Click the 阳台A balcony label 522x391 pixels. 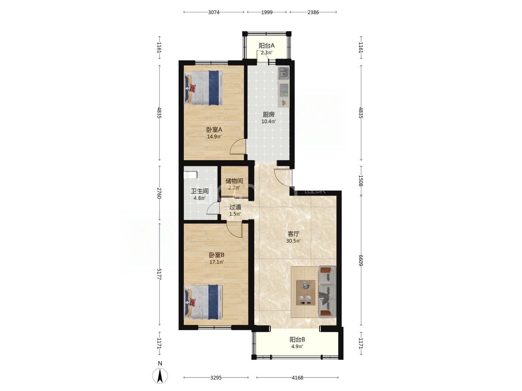(266, 45)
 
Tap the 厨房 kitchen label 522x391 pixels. (269, 115)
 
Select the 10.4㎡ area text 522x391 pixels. (269, 121)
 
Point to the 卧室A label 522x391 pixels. (214, 130)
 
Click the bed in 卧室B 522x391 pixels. (204, 302)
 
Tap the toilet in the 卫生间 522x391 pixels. (191, 175)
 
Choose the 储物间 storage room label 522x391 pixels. (234, 181)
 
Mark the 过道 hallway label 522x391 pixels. (235, 207)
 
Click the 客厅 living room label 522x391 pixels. (293, 234)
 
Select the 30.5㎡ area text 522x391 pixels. (293, 241)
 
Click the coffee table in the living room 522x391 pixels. (306, 292)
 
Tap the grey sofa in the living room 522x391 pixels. (327, 292)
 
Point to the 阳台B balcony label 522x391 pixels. (297, 340)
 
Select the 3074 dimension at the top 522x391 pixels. (214, 12)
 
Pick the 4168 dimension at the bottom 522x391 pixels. (298, 378)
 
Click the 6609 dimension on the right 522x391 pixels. (361, 260)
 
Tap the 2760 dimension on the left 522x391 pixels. (159, 193)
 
